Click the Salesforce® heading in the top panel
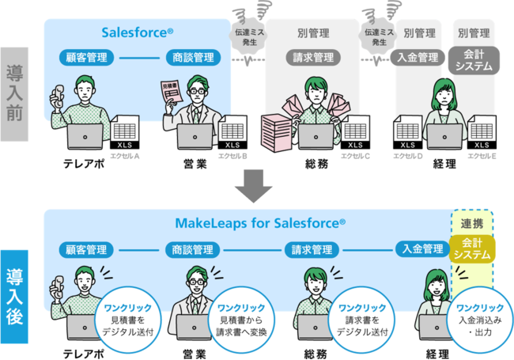coord(138,32)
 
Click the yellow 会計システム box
coord(471,248)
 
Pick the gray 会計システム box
coord(472,62)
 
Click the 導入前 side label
coord(15,93)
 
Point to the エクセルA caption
coord(124,156)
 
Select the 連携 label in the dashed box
coord(471,222)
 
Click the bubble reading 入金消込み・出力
coord(480,314)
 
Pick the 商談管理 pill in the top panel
coord(192,57)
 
